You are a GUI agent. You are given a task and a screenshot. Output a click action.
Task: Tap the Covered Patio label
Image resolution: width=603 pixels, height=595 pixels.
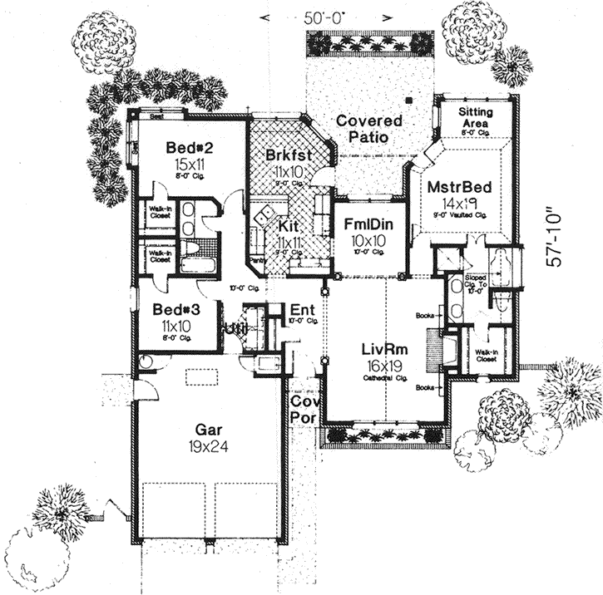(368, 129)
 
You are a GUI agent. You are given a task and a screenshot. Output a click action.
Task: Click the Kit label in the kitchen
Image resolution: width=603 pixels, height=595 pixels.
(288, 226)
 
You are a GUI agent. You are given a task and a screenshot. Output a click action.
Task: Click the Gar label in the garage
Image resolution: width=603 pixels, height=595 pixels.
(207, 430)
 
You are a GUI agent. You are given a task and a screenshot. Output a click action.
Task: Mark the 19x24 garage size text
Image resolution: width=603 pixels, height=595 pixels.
(208, 445)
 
